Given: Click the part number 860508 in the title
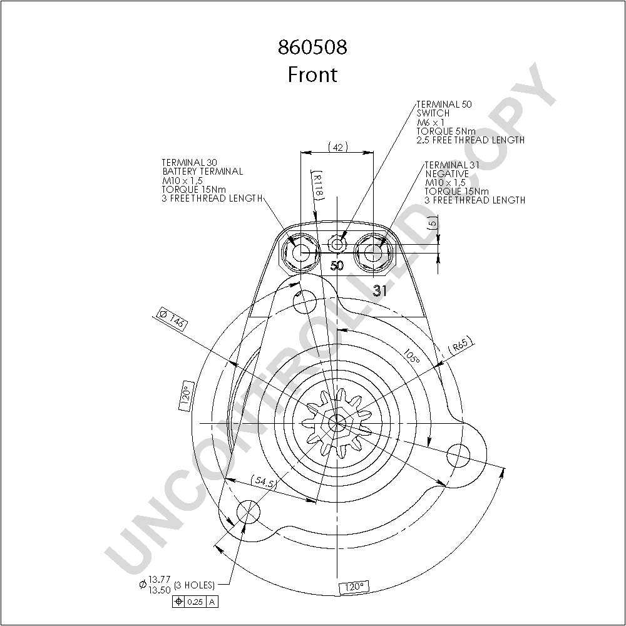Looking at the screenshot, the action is [x=312, y=47].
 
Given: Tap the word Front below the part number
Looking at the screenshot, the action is [x=312, y=74].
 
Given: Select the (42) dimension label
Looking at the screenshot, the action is [x=338, y=147].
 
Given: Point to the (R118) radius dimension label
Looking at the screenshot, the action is [x=317, y=185].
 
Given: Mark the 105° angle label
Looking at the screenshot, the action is [x=412, y=357].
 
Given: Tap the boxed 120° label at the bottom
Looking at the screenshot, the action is [x=354, y=587].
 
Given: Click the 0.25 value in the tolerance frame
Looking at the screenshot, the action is [x=195, y=602].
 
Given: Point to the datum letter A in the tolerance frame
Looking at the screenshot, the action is [x=212, y=602].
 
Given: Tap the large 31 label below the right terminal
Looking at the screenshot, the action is [x=380, y=290].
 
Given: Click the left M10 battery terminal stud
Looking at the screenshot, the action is [x=300, y=253].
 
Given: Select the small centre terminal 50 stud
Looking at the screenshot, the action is [x=337, y=244].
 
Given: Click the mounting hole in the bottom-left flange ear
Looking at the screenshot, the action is [x=249, y=511].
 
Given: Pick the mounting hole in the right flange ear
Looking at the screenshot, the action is [x=458, y=454].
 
